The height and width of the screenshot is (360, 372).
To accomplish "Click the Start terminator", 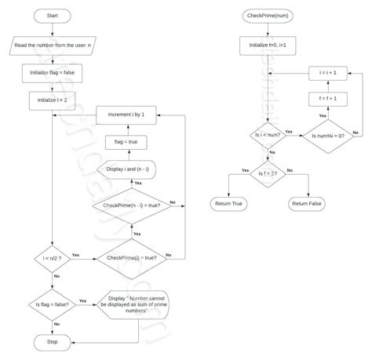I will [x=52, y=16].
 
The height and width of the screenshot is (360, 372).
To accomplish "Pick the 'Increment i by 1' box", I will [x=137, y=115].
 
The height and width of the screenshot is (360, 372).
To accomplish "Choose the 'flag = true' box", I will [x=137, y=142].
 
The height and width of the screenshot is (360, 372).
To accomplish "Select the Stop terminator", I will [x=52, y=342].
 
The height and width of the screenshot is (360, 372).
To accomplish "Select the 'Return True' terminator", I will [x=228, y=204].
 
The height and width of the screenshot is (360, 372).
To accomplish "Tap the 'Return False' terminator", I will [x=309, y=204].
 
